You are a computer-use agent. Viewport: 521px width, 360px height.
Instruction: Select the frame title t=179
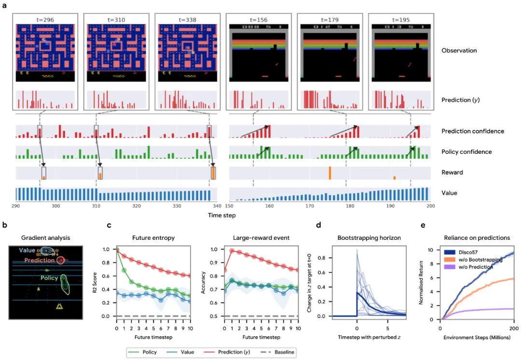coord(328,20)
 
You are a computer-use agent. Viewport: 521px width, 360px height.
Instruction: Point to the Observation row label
coord(459,51)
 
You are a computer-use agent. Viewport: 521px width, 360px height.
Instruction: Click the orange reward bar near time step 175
coord(329,173)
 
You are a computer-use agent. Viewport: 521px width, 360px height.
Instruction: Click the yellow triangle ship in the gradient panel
coord(59,305)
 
